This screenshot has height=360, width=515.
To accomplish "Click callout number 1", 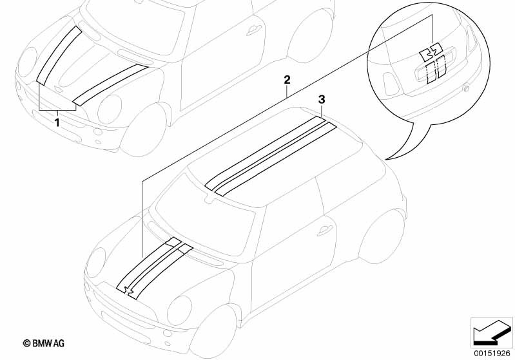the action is click(57, 123).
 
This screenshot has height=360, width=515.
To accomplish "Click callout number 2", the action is click(287, 80).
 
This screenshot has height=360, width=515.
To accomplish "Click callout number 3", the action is click(322, 99).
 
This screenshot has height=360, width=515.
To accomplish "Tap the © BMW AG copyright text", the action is click(44, 343).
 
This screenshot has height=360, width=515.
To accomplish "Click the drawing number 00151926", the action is click(492, 354).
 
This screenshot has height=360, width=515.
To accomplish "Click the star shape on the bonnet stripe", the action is click(128, 289).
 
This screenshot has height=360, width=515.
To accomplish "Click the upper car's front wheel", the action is click(144, 129).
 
